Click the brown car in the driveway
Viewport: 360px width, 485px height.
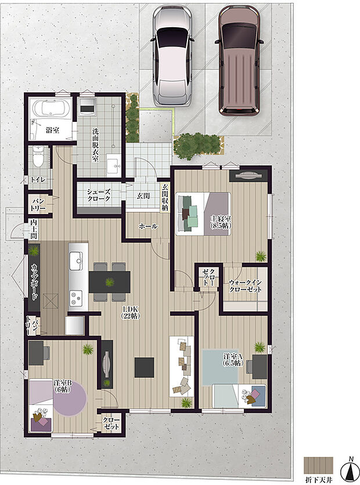click(x=238, y=59)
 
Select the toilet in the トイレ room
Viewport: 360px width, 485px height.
click(x=38, y=155)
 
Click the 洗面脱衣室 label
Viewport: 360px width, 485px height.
click(x=95, y=144)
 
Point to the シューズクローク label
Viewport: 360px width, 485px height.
click(x=99, y=195)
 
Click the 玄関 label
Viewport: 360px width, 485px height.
click(x=143, y=196)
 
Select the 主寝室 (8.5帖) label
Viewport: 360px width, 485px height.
click(x=221, y=222)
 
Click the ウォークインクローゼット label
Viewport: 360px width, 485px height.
click(x=246, y=285)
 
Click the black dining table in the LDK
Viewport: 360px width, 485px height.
click(x=109, y=282)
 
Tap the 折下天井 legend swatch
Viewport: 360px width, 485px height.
click(x=319, y=465)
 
